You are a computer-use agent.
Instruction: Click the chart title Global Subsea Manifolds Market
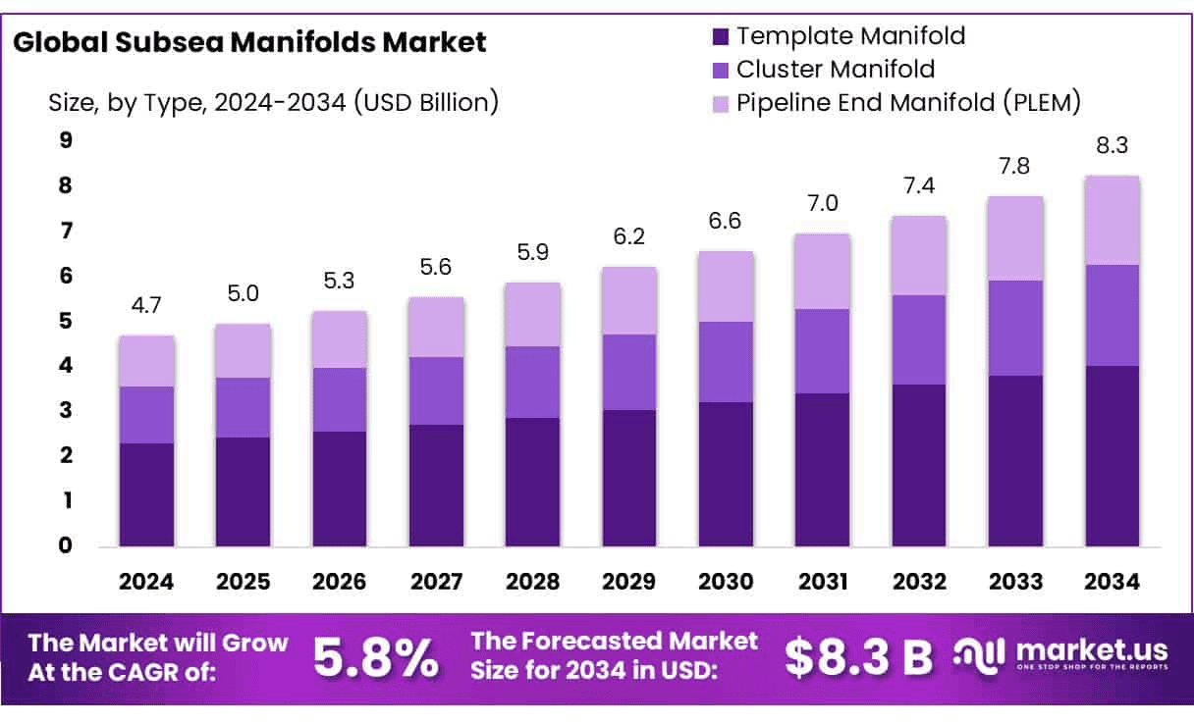coord(250,42)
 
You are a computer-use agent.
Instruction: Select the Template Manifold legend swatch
coord(722,37)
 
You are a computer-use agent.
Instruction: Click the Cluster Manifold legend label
coord(836,70)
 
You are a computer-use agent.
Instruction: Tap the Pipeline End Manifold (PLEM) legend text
coord(908,101)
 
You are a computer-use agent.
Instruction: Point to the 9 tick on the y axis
coord(66,141)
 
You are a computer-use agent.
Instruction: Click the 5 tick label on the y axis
coord(66,321)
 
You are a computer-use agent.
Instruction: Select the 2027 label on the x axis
coord(436,583)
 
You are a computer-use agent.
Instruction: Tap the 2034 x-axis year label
coord(1113,583)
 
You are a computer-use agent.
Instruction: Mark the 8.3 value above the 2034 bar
coord(1113,146)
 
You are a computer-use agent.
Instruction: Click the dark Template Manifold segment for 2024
coord(146,494)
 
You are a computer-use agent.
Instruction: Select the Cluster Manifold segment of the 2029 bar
coord(629,372)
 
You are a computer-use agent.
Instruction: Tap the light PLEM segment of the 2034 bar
coord(1113,220)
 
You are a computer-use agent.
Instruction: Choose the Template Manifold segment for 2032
coord(919,465)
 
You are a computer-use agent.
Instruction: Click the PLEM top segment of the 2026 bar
coord(340,339)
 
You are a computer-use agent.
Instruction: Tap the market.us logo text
coord(1091,650)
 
